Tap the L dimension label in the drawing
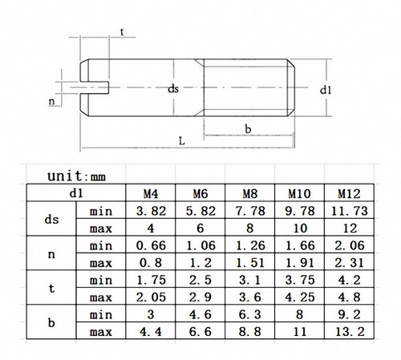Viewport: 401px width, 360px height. [183, 140]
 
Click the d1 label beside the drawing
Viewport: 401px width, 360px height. [326, 91]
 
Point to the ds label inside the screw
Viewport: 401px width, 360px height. [172, 90]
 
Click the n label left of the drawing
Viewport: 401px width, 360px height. [52, 102]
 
